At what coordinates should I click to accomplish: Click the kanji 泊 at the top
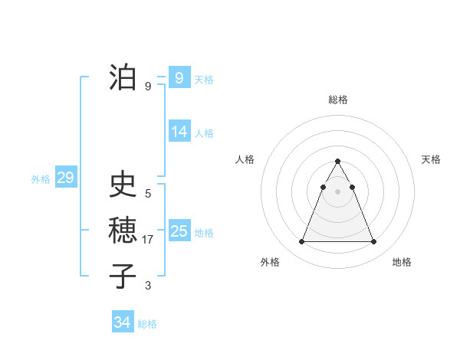(x=123, y=77)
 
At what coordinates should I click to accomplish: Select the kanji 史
(x=123, y=184)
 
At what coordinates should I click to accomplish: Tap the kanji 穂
(x=123, y=231)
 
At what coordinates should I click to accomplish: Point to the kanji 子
(x=123, y=276)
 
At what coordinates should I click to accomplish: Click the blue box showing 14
(x=179, y=132)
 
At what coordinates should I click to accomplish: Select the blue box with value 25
(x=179, y=231)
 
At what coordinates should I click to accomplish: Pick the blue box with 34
(x=122, y=322)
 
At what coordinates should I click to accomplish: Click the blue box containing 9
(x=179, y=77)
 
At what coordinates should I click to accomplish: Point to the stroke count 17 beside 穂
(x=149, y=240)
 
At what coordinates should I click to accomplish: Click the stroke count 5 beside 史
(x=148, y=193)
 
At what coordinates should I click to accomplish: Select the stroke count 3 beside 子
(x=148, y=286)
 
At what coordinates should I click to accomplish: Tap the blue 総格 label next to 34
(x=147, y=324)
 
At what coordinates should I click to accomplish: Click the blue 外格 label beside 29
(x=41, y=179)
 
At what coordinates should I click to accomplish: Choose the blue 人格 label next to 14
(x=204, y=133)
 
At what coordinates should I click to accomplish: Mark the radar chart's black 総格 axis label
(x=337, y=100)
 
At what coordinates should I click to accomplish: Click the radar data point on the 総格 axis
(x=337, y=162)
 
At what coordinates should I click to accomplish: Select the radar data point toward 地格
(x=373, y=242)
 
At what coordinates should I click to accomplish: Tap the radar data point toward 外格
(x=301, y=242)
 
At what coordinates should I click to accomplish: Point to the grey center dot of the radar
(x=337, y=191)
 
